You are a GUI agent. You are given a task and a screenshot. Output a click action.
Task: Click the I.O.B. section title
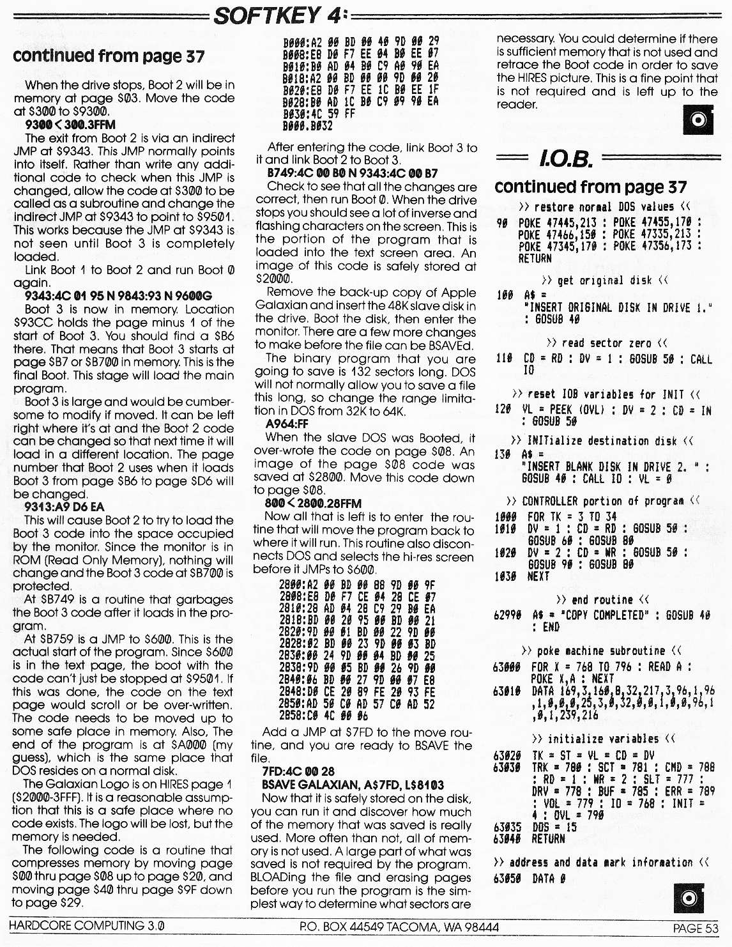[565, 158]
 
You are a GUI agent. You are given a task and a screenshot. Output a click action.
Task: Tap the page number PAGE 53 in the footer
[695, 928]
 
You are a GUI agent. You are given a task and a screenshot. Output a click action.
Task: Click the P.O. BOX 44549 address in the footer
[399, 927]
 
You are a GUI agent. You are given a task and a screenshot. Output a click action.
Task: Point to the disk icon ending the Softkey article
[698, 119]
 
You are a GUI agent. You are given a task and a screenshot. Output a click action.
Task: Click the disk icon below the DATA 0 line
[689, 898]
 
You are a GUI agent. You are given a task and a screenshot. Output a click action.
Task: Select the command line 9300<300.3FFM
[70, 125]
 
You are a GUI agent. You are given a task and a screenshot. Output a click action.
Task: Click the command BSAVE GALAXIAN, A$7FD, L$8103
[353, 785]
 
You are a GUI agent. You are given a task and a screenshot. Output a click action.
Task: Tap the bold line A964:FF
[287, 424]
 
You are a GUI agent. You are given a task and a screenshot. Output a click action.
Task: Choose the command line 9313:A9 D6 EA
[64, 507]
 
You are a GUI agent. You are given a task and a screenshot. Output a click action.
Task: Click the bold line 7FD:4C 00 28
[298, 771]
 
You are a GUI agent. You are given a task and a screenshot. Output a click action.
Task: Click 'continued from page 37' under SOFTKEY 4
[109, 56]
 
